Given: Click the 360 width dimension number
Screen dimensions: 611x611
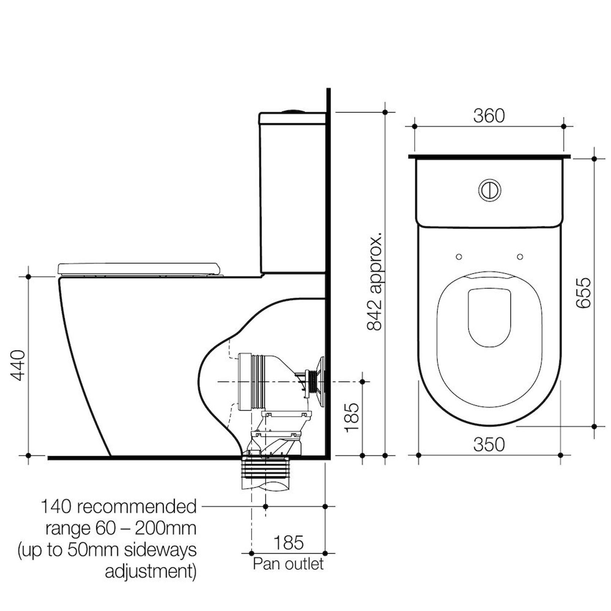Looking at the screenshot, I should point(489,116).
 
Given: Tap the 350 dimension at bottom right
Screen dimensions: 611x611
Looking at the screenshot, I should point(489,445).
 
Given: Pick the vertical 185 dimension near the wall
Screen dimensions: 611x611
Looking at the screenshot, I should point(352,418).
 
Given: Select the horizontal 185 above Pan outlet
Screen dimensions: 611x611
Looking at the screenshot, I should point(288,542).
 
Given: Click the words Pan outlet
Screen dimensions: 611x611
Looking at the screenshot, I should point(288,564).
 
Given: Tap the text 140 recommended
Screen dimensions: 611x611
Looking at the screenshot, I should point(119,507).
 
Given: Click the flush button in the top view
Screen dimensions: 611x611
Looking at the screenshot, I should point(489,190).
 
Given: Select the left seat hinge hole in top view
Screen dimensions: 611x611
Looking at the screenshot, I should point(459,257).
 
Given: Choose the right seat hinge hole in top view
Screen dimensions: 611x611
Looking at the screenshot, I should point(520,257).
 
